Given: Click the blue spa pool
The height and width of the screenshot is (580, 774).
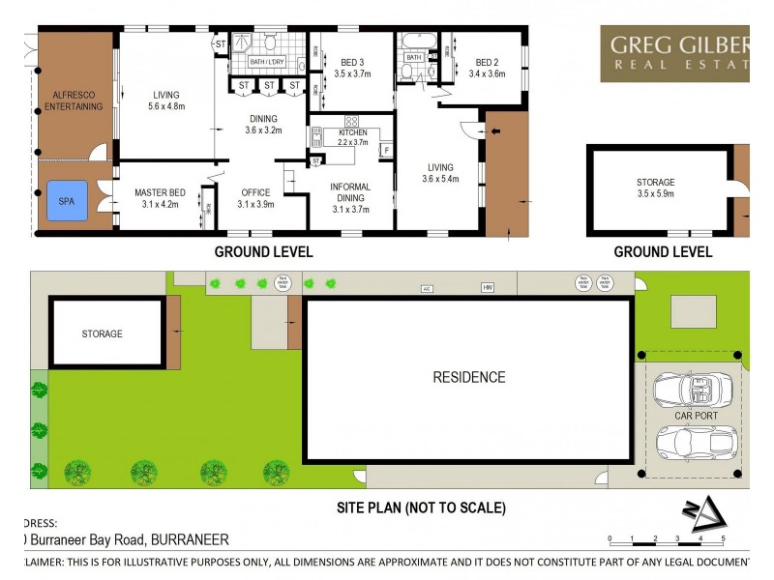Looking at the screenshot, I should (x=65, y=203).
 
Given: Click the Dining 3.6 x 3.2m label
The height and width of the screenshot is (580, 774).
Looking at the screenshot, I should (x=263, y=124).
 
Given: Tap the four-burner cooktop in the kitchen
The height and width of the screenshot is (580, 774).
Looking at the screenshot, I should (x=351, y=123).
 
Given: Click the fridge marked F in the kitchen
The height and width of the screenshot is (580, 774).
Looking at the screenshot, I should (x=385, y=151).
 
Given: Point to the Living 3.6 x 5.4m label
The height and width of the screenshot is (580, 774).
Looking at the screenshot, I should (x=439, y=172).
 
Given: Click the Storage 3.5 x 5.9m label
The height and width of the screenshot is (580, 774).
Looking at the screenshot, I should (x=655, y=188).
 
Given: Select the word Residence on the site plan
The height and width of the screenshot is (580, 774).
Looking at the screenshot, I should (x=468, y=378).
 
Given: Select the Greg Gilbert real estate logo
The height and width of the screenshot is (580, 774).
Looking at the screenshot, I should (x=676, y=52).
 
